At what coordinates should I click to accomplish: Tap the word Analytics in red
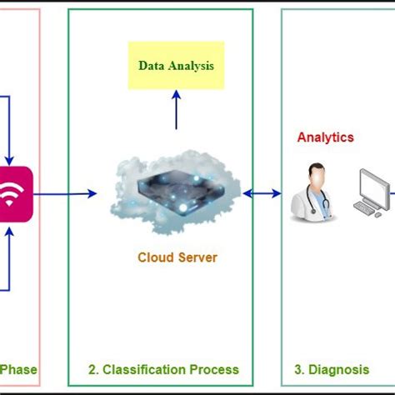(x=326, y=137)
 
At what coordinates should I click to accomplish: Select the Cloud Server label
(x=177, y=257)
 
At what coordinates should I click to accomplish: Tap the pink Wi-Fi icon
(x=11, y=195)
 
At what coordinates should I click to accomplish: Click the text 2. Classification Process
(x=164, y=369)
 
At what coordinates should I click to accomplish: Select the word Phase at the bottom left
(x=18, y=369)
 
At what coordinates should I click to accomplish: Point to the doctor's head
(x=309, y=173)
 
